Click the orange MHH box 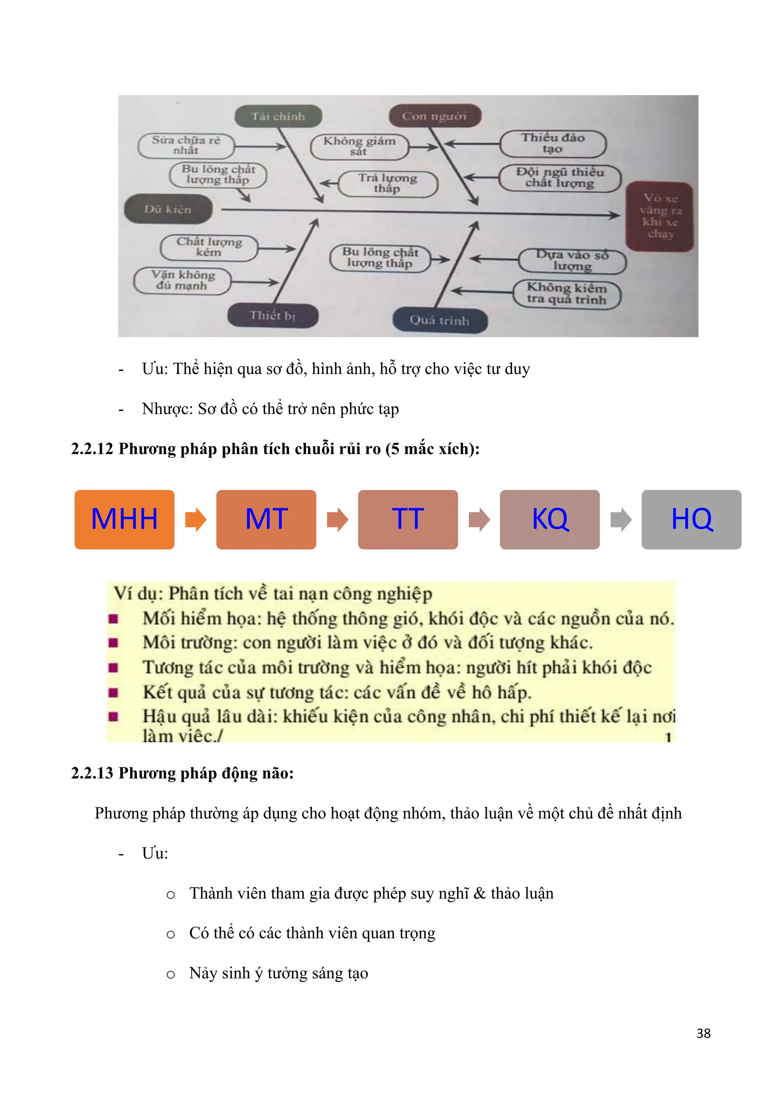124,519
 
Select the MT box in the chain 266,519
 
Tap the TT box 408,519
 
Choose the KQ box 549,519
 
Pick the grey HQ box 691,519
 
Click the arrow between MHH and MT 195,519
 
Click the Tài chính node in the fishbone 278,116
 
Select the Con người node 435,116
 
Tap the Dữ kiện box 168,209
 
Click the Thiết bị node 273,316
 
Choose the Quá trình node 439,320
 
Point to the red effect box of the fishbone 659,216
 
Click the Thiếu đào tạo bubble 553,143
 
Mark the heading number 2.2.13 92,773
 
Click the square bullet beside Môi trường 114,643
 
